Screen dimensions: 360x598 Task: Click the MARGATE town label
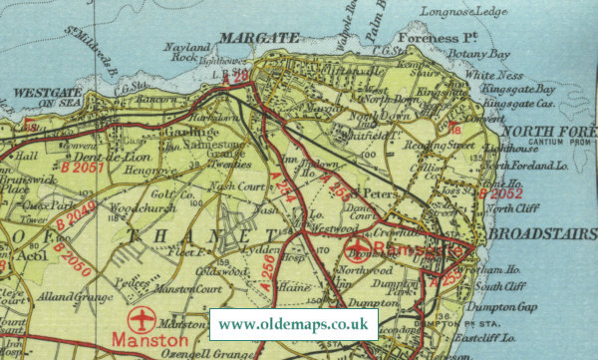click(x=245, y=38)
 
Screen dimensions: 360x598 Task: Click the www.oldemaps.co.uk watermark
click(x=293, y=323)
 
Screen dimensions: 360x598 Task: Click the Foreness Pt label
click(x=428, y=40)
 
